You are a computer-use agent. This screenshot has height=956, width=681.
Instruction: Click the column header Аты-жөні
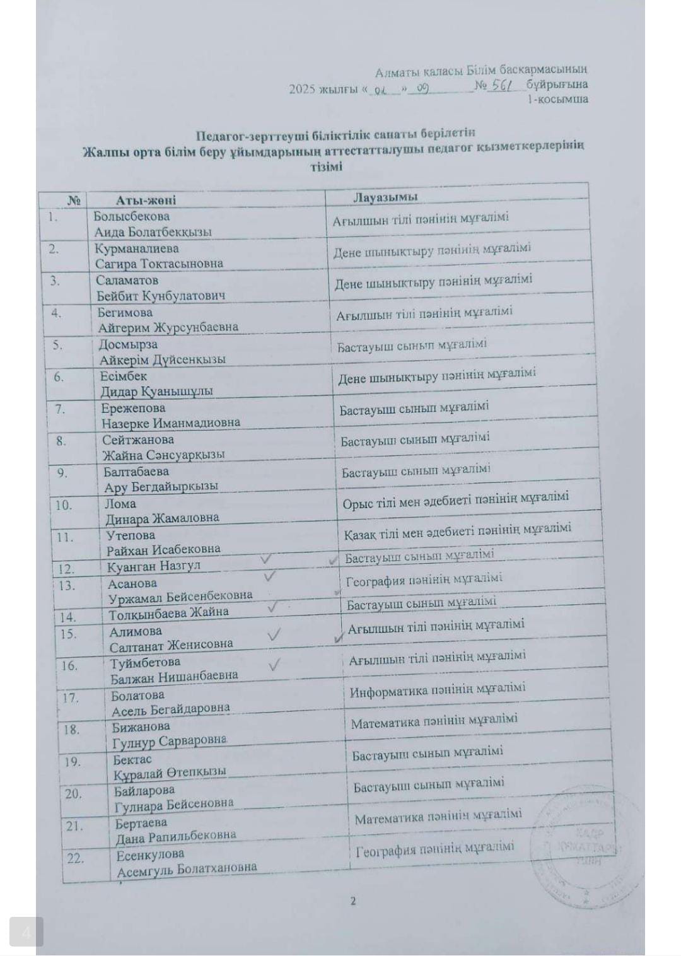coord(146,201)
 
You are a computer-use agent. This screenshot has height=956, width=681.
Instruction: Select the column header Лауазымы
coord(385,197)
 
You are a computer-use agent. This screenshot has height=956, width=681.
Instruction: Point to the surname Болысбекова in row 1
coord(131,216)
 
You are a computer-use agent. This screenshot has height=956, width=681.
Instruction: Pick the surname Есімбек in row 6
coord(123,376)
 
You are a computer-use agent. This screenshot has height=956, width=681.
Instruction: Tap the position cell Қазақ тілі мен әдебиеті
coord(457,532)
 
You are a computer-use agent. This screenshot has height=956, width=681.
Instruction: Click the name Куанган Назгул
coord(153,566)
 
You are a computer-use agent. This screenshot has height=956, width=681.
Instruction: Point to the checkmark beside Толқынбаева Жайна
coord(272,607)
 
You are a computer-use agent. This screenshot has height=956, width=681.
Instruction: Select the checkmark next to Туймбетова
coord(274,665)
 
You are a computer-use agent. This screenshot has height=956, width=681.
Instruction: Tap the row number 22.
coord(75,858)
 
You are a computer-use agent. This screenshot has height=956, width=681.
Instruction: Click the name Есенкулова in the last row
coord(150,855)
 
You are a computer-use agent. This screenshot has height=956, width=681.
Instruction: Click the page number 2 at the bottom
coord(353,901)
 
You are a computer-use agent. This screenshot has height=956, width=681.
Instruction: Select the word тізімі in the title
coord(326,166)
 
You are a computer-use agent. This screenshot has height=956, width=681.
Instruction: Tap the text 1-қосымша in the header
coord(557,100)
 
